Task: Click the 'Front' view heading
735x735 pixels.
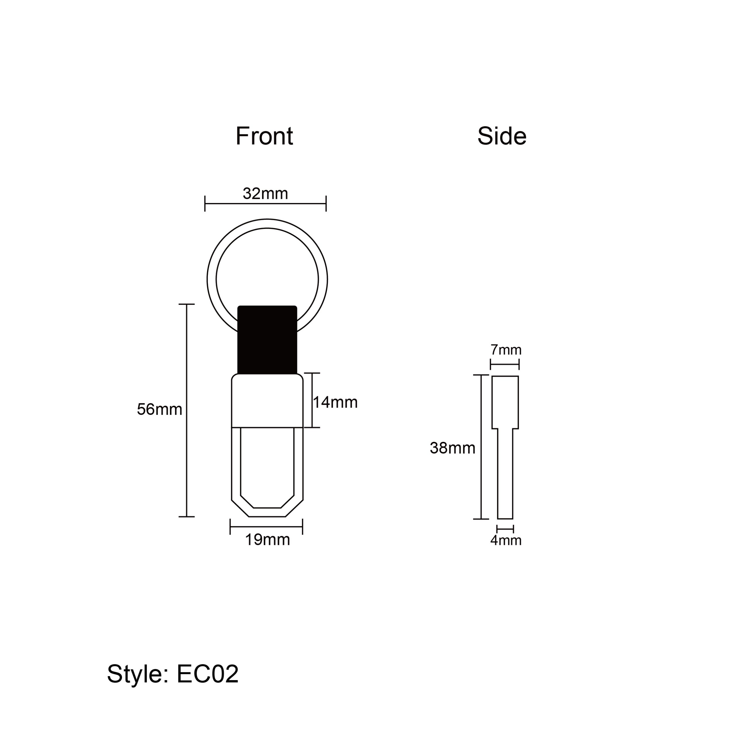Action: tap(264, 136)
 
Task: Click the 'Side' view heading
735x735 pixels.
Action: tap(502, 136)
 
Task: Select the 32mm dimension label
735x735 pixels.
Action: tap(265, 194)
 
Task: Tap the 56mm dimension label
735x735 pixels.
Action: tap(159, 409)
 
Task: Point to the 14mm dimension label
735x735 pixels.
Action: tap(335, 403)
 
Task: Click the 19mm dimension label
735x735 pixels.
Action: tap(268, 539)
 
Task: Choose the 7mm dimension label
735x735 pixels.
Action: tap(506, 350)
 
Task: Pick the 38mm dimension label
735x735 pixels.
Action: tap(453, 448)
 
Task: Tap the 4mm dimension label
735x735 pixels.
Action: tap(506, 540)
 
